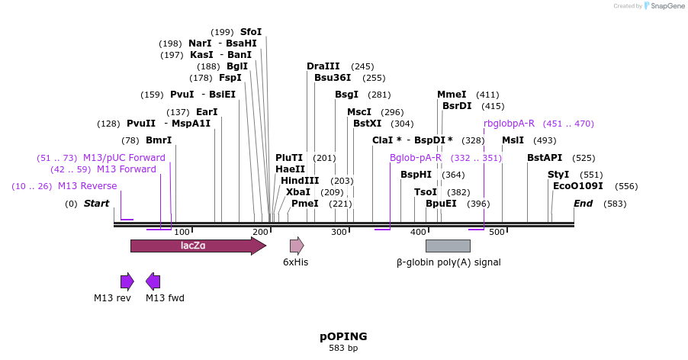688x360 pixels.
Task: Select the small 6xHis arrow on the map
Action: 296,246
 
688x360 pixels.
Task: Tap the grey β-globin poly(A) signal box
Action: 448,246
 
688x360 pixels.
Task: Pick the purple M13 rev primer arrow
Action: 127,281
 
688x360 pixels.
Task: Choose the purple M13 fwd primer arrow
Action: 153,281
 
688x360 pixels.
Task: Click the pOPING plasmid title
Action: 343,336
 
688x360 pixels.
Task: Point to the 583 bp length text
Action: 343,349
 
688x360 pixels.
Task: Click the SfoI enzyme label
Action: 251,32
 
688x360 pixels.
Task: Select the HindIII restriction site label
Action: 300,181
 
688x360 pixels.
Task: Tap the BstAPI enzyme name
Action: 545,158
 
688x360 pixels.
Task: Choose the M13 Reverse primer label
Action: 87,186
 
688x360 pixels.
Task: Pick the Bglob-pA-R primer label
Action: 416,158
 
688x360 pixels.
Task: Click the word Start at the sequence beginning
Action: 97,204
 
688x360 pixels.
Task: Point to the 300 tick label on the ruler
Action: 339,232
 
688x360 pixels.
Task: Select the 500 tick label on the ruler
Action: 497,232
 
